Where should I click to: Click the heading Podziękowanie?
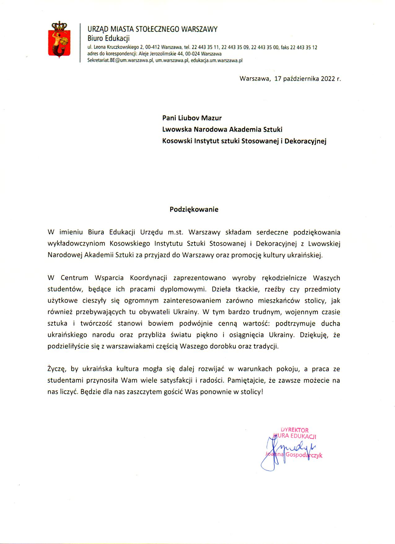coord(194,209)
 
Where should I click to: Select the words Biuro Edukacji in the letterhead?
coord(108,38)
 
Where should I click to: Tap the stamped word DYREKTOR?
coord(295,430)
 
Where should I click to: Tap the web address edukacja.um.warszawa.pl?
coord(217,60)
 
